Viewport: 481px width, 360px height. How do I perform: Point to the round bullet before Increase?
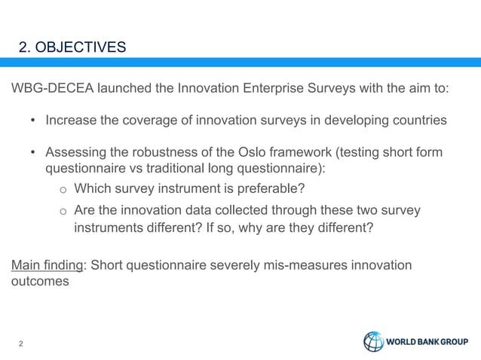pos(33,121)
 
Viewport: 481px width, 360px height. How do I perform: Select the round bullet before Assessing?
pos(33,154)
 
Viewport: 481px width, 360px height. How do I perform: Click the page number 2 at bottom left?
pos(21,345)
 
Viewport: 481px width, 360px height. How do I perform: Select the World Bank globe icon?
pos(374,342)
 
